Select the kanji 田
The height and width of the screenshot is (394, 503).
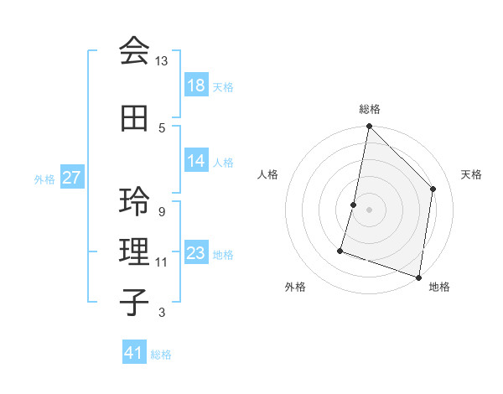point(133,118)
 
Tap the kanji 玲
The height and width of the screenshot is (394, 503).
point(133,202)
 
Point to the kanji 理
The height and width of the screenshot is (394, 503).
point(133,251)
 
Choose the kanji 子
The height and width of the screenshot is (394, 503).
point(133,301)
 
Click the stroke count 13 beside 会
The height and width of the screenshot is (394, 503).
point(161,61)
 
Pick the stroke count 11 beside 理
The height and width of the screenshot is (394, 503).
point(161,262)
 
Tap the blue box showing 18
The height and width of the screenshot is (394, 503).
point(196,86)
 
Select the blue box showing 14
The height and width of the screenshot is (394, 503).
point(196,161)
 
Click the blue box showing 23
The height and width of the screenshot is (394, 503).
point(196,253)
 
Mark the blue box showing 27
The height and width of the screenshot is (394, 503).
point(72,178)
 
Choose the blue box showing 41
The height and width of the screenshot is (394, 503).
point(134,353)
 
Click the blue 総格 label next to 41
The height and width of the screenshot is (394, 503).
point(162,355)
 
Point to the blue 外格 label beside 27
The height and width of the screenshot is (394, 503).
point(44,179)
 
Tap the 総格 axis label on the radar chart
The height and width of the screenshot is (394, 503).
point(370,109)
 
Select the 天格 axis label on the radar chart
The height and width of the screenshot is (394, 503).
point(471,174)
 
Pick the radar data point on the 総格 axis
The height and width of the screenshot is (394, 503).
point(369,126)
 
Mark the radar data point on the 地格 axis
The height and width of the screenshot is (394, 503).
point(418,277)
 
